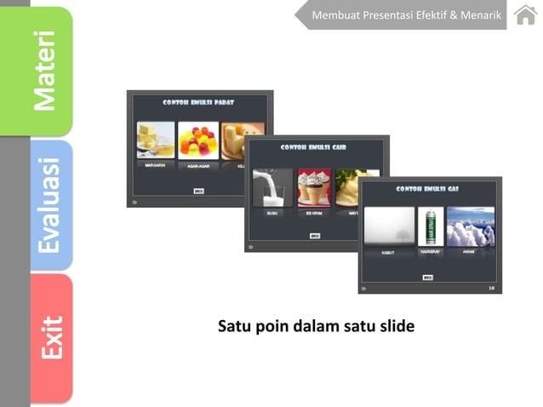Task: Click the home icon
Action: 525,14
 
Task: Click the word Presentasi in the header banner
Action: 392,15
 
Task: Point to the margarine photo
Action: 156,140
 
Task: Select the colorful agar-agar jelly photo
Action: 198,140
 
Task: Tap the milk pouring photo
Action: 272,187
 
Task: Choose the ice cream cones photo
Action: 314,187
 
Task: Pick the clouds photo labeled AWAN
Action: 470,226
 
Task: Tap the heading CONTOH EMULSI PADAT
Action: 199,102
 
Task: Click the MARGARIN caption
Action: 155,165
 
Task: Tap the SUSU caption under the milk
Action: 272,213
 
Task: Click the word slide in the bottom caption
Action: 396,326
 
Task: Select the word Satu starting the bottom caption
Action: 234,326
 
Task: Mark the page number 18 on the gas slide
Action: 491,289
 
